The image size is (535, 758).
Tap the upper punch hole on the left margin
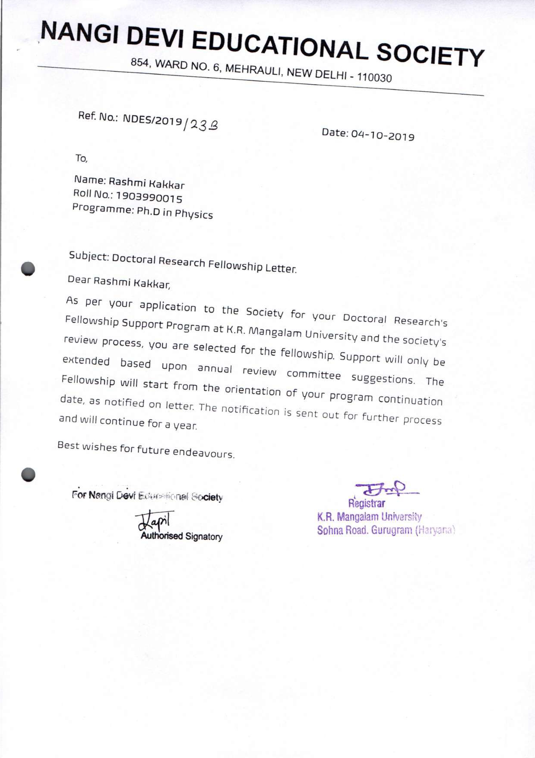pyautogui.click(x=28, y=268)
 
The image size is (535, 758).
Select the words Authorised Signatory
pyautogui.click(x=181, y=536)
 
